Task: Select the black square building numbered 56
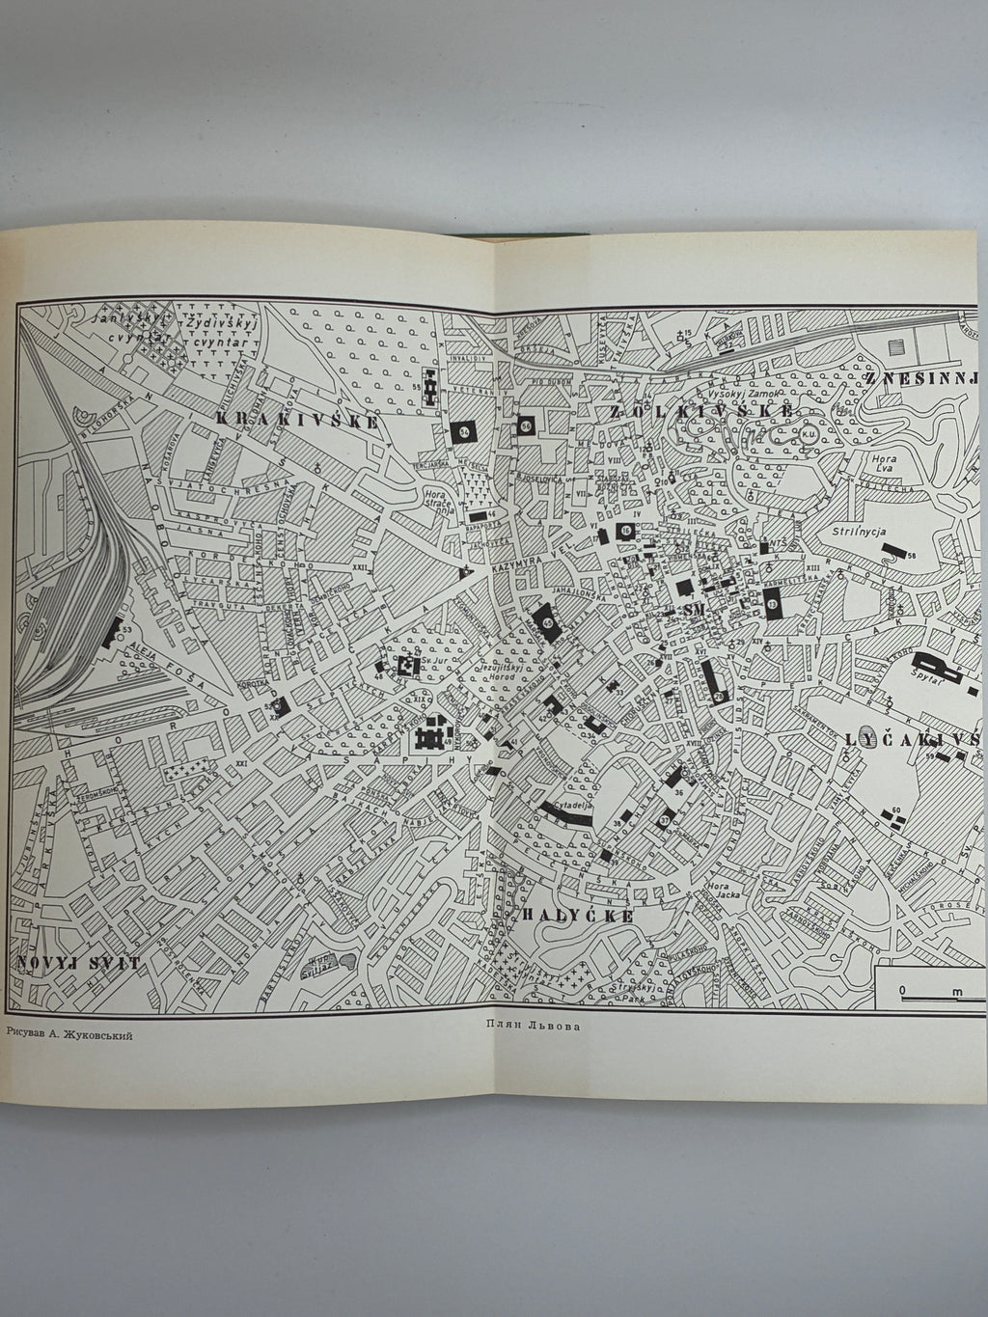[526, 425]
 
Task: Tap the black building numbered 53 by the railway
[111, 632]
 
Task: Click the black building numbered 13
[774, 604]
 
